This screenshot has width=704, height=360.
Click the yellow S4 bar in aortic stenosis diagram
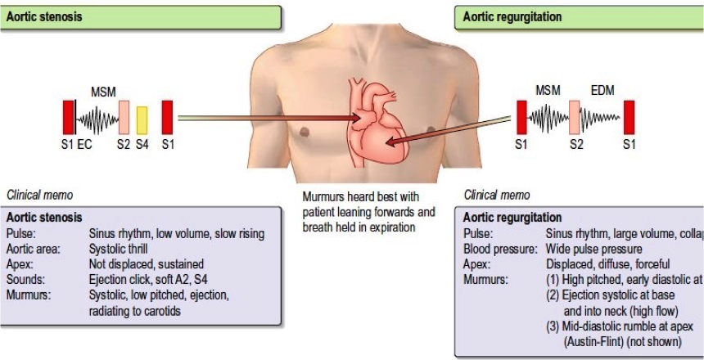pos(142,119)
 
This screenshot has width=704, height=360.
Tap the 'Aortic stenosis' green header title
pos(44,16)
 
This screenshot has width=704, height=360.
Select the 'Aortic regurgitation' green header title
pos(511,16)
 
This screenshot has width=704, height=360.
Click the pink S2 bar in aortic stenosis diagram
pos(124,117)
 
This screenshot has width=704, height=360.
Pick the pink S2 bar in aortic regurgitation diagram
pos(575,117)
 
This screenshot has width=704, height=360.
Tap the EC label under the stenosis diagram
pos(84,146)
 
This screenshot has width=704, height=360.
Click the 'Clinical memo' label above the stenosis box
pos(40,196)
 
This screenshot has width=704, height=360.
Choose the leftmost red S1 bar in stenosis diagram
pos(68,117)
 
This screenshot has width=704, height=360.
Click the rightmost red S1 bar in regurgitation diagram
pos(629,117)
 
